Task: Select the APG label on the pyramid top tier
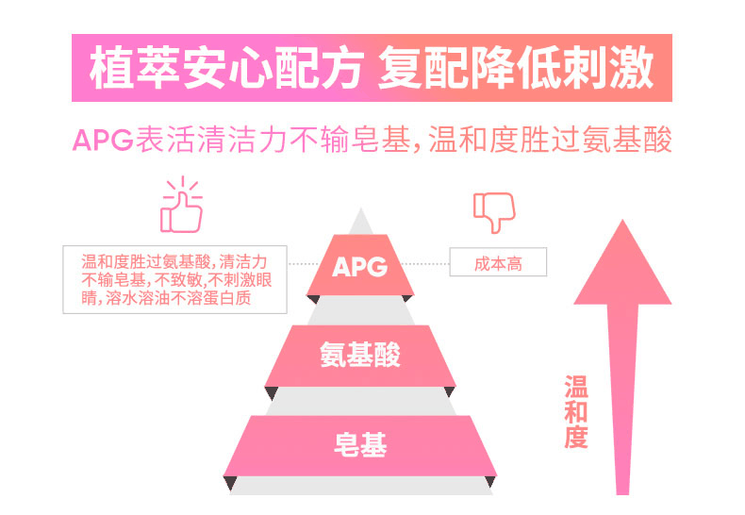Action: pyautogui.click(x=359, y=266)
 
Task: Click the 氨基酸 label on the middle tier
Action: pyautogui.click(x=359, y=356)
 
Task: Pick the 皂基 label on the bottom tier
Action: pyautogui.click(x=359, y=443)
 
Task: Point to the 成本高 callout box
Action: pyautogui.click(x=498, y=264)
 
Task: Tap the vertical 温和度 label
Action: pyautogui.click(x=575, y=411)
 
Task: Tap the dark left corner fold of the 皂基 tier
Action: pyautogui.click(x=229, y=484)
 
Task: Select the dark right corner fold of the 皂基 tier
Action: pyautogui.click(x=489, y=484)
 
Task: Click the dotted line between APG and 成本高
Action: pyautogui.click(x=432, y=264)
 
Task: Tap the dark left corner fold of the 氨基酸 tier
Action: pyautogui.click(x=271, y=392)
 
